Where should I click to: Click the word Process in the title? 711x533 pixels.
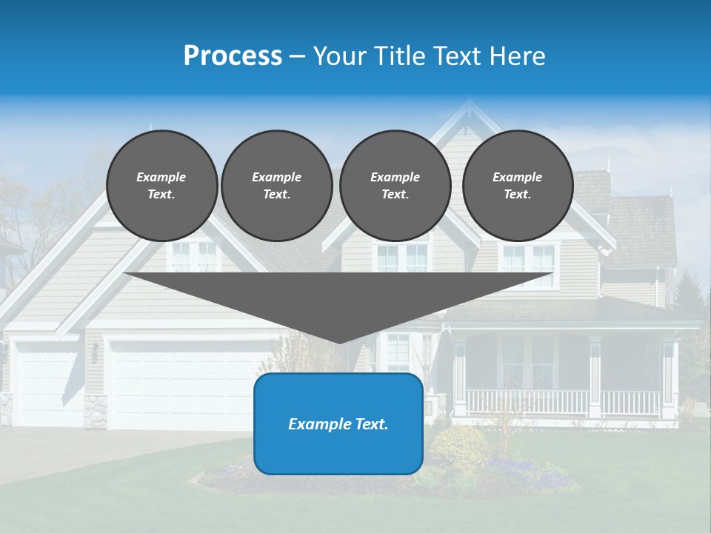click(233, 56)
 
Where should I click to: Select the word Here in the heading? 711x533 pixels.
click(518, 56)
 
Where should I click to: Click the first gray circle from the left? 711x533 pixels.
click(162, 186)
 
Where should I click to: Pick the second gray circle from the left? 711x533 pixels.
click(277, 186)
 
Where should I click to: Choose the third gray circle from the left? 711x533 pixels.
click(395, 186)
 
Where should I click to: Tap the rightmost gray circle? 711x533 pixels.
click(518, 186)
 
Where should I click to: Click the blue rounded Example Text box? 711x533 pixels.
click(338, 424)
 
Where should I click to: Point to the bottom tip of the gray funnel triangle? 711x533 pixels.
click(339, 341)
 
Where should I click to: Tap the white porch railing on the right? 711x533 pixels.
click(563, 403)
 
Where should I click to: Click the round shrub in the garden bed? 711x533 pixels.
click(459, 448)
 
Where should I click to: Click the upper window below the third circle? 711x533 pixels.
click(402, 258)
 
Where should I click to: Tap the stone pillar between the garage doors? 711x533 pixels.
click(95, 412)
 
